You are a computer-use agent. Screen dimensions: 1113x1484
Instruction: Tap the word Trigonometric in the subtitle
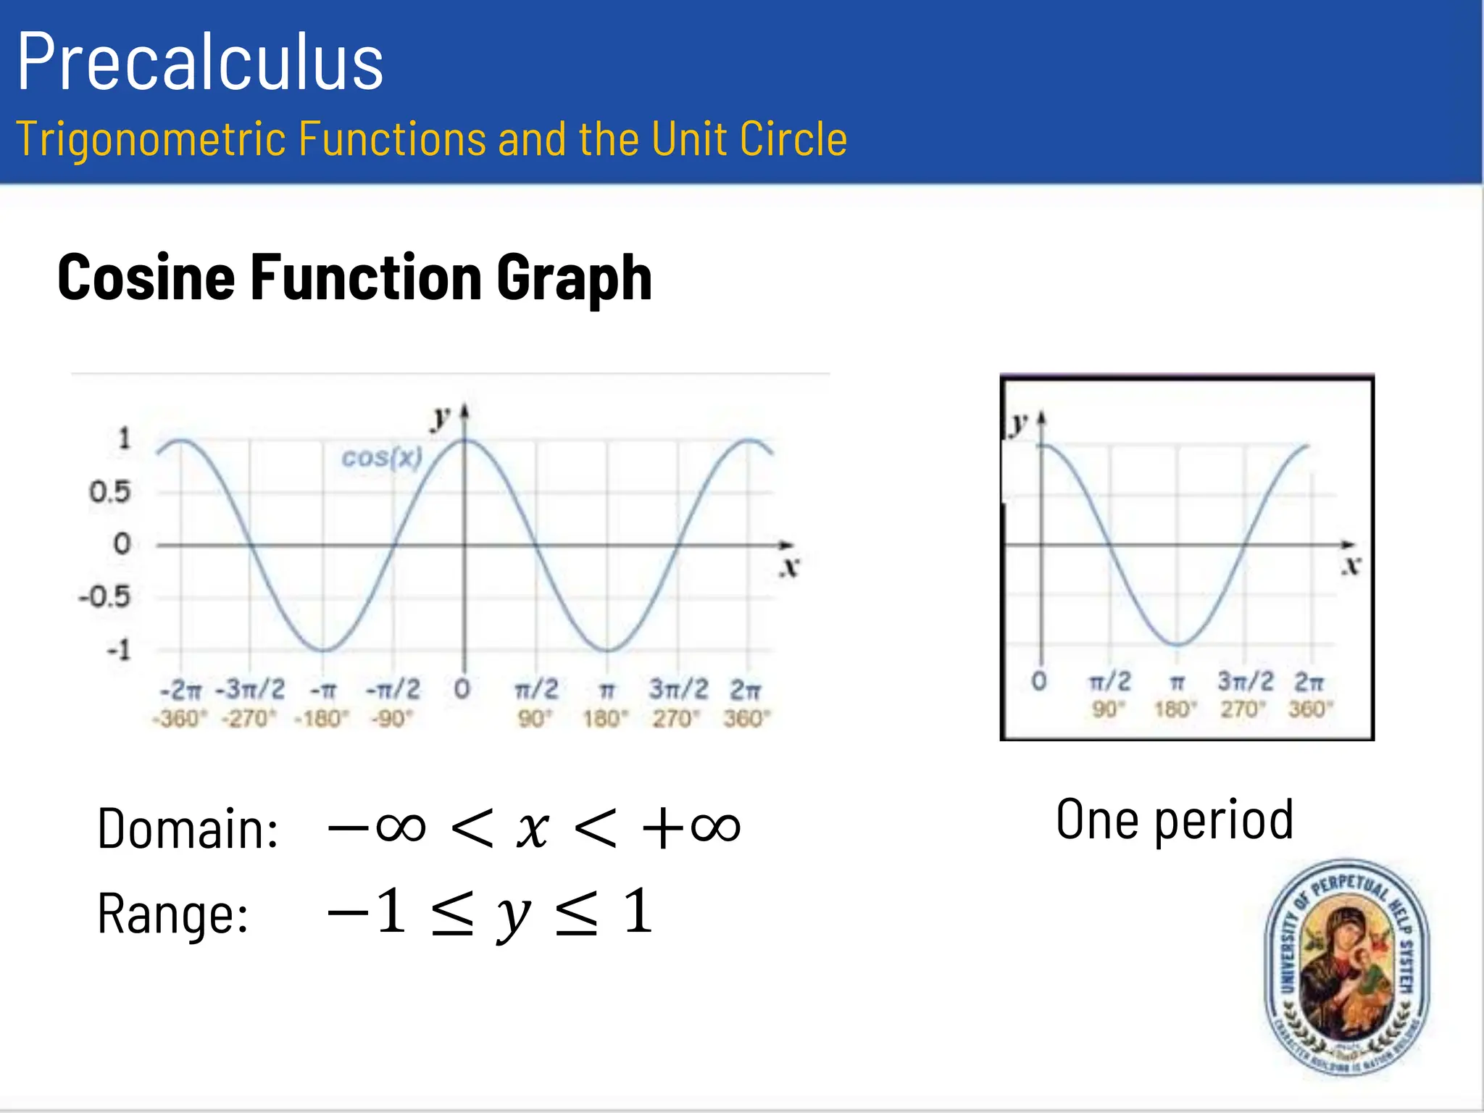click(x=151, y=138)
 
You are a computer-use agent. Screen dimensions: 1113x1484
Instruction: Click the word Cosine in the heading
click(x=146, y=277)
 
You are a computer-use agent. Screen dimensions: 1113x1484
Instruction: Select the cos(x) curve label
click(x=382, y=457)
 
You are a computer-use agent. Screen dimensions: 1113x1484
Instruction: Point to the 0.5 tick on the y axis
click(x=109, y=492)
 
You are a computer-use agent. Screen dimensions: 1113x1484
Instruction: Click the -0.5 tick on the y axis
click(x=104, y=596)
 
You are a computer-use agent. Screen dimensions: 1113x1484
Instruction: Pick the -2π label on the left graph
click(x=180, y=689)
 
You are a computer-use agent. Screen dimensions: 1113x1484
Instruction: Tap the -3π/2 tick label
click(x=251, y=688)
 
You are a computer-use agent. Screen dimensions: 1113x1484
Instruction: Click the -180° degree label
click(x=321, y=718)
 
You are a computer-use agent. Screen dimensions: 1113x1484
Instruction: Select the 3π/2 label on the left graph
click(x=678, y=688)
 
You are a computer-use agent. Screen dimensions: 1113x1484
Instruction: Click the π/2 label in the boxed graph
click(x=1109, y=681)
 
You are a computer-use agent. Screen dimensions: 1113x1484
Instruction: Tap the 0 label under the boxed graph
click(x=1039, y=681)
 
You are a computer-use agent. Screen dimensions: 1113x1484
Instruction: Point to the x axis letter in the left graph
click(x=790, y=567)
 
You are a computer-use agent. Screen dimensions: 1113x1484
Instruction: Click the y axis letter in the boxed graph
click(x=1020, y=422)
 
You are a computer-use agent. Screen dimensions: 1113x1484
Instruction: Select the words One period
click(x=1175, y=820)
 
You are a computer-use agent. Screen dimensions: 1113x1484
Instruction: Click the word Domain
click(x=188, y=828)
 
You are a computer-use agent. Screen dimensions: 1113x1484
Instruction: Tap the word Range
click(x=172, y=914)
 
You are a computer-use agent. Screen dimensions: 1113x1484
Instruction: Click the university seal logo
click(x=1346, y=967)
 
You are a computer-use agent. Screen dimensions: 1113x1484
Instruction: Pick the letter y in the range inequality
click(x=514, y=914)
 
